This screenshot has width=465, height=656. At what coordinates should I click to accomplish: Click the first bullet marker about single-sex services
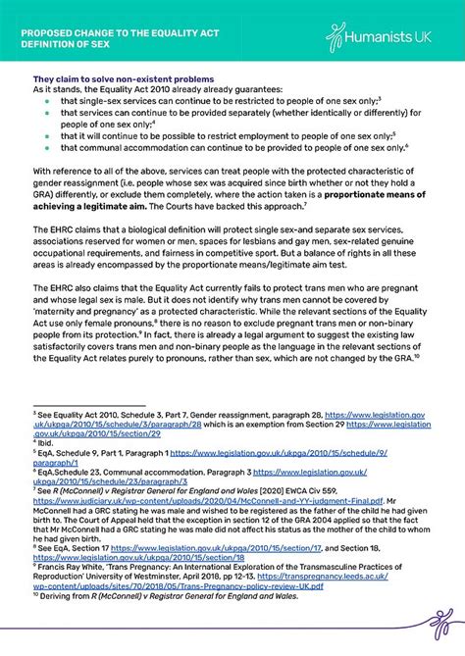click(x=46, y=101)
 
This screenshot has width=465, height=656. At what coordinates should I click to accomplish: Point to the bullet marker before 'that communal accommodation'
click(x=46, y=148)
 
